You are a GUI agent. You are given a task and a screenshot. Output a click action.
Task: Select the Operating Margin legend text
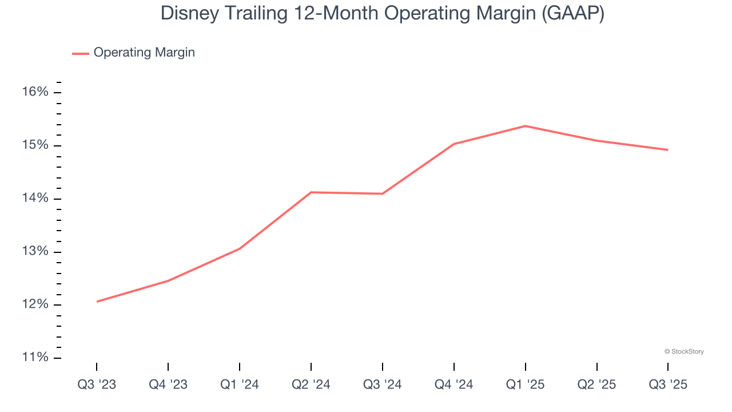tap(144, 53)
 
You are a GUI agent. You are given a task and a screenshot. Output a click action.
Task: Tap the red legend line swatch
tap(81, 53)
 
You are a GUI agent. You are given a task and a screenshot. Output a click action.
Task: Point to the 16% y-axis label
tap(35, 92)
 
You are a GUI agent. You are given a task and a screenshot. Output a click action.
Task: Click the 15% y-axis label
tap(35, 145)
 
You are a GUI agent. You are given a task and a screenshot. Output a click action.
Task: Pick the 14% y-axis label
tap(35, 199)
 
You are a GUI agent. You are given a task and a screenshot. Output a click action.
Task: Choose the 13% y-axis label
tap(35, 252)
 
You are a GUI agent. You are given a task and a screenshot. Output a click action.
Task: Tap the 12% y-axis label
tap(35, 305)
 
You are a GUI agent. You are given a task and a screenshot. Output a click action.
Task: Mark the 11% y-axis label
tap(35, 358)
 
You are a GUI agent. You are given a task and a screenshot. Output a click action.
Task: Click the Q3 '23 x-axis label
tap(97, 385)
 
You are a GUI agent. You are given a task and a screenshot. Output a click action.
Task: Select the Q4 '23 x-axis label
tap(168, 385)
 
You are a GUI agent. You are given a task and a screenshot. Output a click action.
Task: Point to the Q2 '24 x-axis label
tap(311, 385)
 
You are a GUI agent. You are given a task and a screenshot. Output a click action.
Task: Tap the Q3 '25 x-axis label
tap(668, 385)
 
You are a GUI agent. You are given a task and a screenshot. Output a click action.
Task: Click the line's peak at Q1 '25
tap(525, 126)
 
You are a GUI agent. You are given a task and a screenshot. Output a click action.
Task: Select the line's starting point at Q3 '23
tap(97, 302)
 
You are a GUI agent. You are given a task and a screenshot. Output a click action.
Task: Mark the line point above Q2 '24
tap(311, 192)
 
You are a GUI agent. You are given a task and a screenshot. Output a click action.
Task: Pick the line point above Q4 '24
tap(453, 144)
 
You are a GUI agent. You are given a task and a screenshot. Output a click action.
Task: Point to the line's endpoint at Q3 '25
tap(667, 150)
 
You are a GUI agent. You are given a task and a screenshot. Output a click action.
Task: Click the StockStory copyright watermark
tap(684, 351)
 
